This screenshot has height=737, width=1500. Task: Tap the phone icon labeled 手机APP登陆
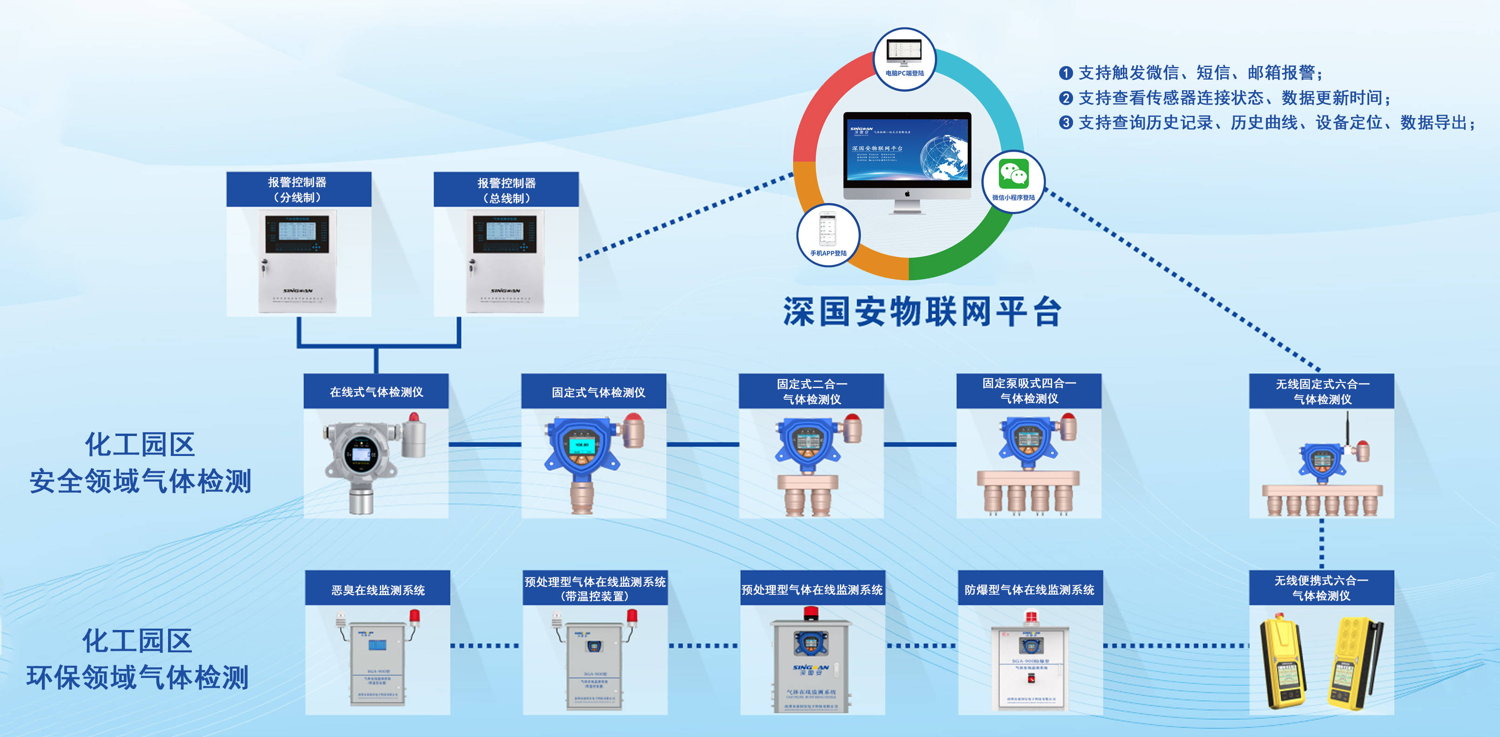coord(827,229)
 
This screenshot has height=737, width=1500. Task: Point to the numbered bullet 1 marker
coord(1066,73)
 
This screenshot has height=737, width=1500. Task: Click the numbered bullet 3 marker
coord(1066,123)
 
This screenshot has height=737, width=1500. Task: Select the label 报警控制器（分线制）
coord(297,190)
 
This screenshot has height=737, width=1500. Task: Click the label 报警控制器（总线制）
coord(506,190)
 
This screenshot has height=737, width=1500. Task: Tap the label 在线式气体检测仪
coord(376,392)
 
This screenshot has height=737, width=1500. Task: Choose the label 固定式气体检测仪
coord(598,392)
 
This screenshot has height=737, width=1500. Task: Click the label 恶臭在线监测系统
coord(378,590)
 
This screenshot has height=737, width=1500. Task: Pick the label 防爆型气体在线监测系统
coord(1029,590)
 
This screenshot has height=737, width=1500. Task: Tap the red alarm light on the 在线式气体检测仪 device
coord(413,417)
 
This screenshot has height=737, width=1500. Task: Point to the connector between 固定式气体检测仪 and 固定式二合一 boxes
coord(702,445)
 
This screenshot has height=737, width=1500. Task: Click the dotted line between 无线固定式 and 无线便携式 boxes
coord(1321,544)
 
